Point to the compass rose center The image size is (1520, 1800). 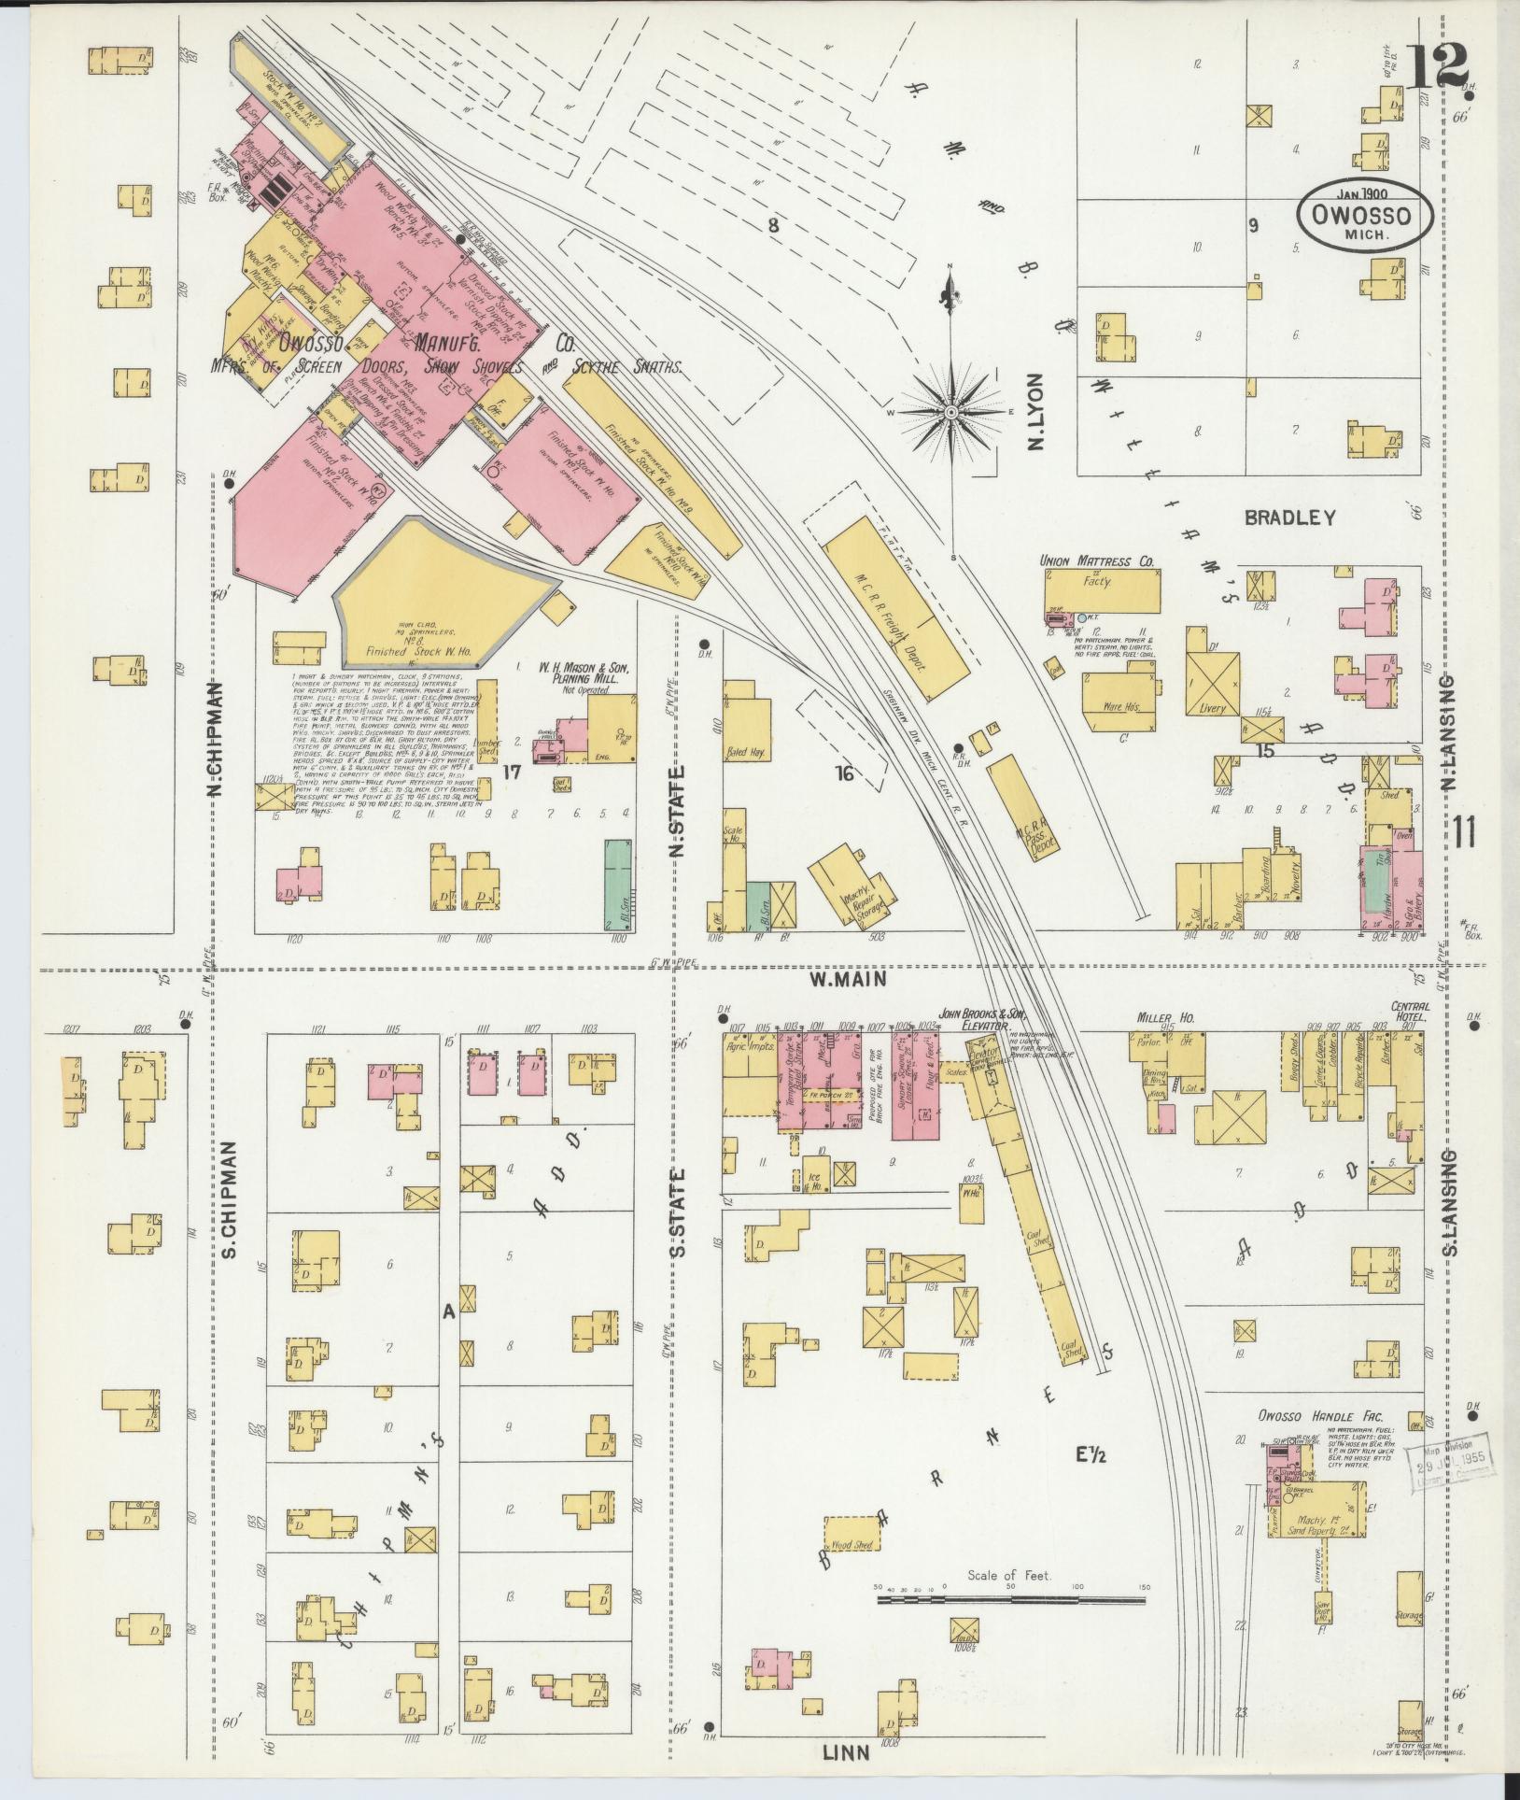(x=950, y=411)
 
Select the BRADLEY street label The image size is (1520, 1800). (x=1288, y=517)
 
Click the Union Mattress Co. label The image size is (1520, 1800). (x=1097, y=561)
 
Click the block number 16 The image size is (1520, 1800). (x=844, y=772)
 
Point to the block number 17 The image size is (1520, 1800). (x=511, y=772)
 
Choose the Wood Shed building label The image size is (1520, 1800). (x=851, y=1544)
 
